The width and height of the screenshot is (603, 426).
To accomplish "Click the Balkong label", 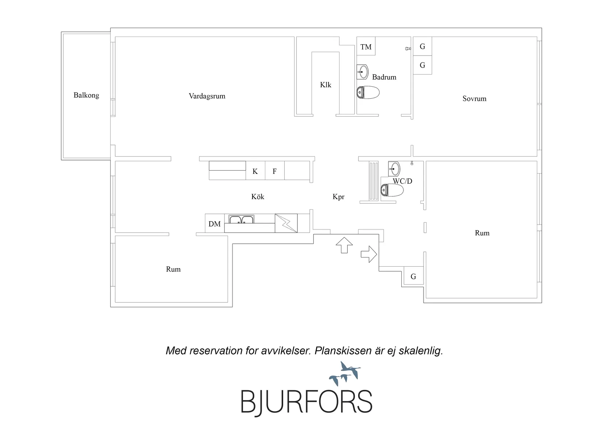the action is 86,95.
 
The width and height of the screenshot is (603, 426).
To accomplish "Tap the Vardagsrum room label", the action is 207,96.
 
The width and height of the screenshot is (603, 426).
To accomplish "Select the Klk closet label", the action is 326,85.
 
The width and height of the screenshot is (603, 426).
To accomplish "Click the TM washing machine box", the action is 366,46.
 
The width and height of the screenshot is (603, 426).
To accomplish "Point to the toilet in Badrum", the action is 368,92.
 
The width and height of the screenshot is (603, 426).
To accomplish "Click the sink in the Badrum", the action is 363,72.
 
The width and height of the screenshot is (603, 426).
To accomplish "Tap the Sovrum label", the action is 474,99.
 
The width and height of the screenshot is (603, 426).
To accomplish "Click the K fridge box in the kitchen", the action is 255,171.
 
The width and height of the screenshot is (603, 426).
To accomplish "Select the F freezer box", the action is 274,171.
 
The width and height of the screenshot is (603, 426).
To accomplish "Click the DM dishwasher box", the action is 215,223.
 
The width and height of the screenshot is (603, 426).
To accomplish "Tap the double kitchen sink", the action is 241,219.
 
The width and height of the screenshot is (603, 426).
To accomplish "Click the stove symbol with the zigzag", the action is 286,223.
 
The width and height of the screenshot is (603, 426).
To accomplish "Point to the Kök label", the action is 258,197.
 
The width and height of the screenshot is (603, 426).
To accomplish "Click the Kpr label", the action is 338,197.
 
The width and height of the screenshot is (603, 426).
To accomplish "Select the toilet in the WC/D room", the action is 392,190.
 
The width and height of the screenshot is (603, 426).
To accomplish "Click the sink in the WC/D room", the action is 394,169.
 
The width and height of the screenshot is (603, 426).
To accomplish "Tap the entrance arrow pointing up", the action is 344,245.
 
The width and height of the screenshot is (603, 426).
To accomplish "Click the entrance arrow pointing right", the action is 369,254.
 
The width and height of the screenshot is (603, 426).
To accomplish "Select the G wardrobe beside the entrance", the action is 413,276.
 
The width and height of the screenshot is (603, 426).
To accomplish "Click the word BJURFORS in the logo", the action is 306,402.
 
